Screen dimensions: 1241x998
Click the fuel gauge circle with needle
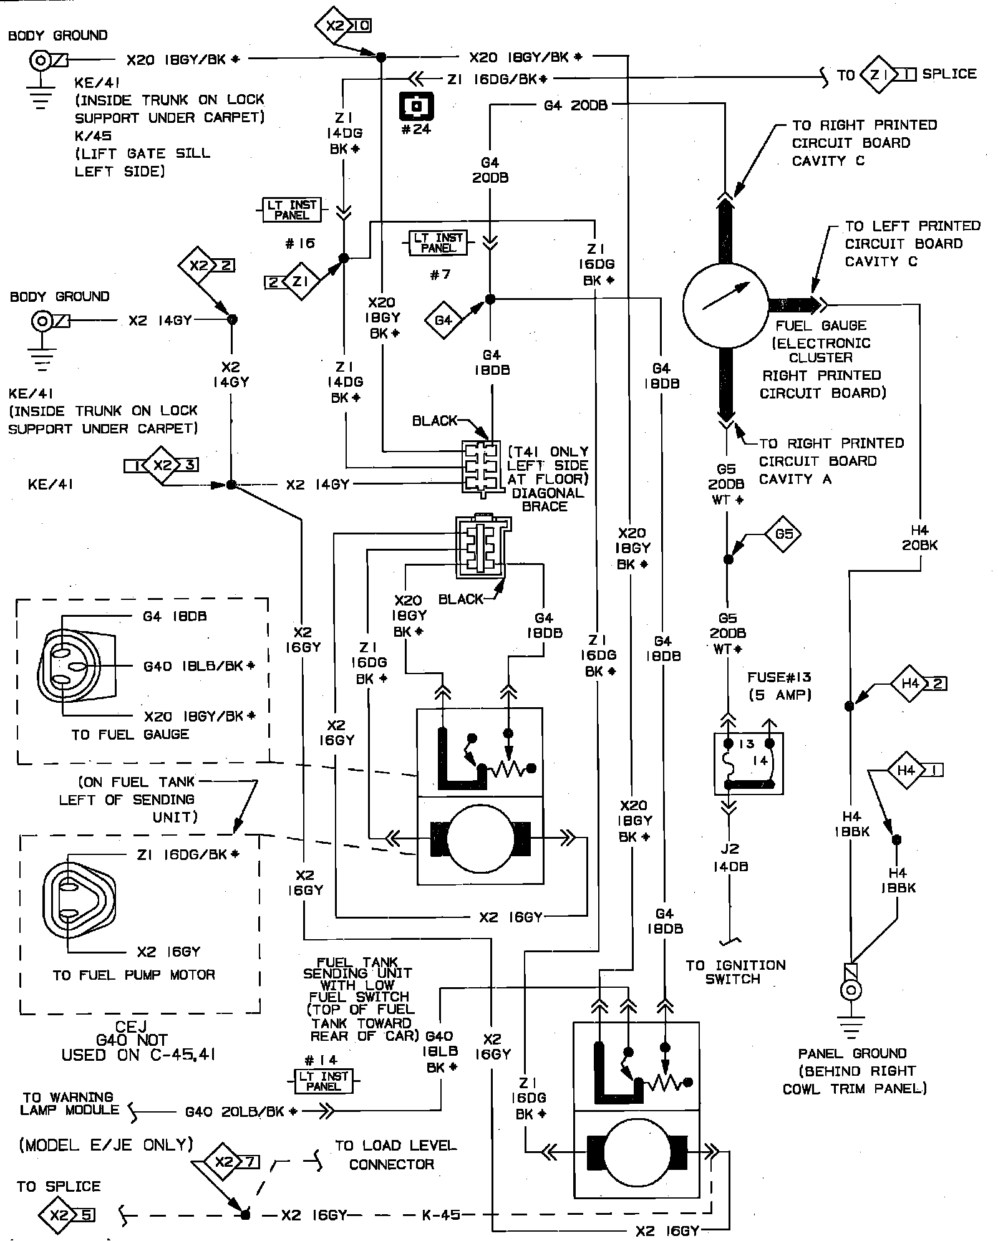click(x=725, y=304)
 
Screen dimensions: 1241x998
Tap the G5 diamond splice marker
click(x=783, y=534)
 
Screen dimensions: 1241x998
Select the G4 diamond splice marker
click(x=443, y=321)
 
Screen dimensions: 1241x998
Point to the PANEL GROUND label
click(x=852, y=1054)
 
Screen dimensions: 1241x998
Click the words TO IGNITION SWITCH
click(x=735, y=972)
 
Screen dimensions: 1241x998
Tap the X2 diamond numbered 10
click(x=342, y=26)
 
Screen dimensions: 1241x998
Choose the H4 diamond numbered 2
click(x=916, y=683)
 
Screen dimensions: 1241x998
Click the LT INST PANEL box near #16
click(x=291, y=210)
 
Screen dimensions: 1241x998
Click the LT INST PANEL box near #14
click(x=323, y=1081)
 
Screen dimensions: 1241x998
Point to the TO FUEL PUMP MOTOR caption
click(x=133, y=975)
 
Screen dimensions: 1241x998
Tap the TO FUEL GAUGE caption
click(x=130, y=734)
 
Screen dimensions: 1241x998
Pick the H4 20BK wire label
click(x=919, y=538)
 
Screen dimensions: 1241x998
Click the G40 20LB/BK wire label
click(x=241, y=1112)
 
